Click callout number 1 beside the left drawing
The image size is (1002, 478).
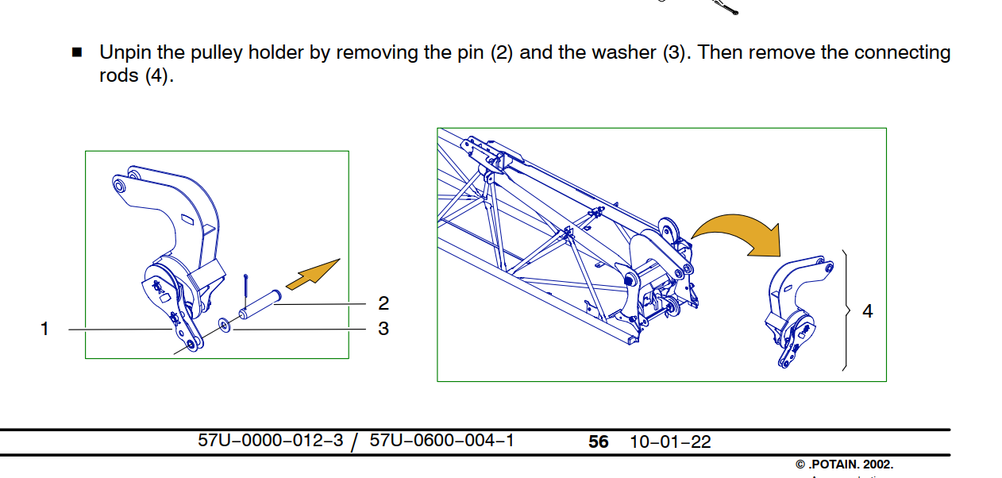(x=45, y=329)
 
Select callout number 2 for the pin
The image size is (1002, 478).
(x=383, y=303)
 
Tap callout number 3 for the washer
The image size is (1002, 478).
(x=383, y=329)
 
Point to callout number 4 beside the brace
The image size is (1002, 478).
(x=868, y=312)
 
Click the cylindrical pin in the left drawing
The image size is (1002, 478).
(x=261, y=305)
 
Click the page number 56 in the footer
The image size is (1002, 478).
(x=599, y=442)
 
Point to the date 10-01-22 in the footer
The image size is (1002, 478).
(x=670, y=442)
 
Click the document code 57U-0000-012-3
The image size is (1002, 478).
(x=271, y=441)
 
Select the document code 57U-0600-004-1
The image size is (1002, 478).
(x=442, y=441)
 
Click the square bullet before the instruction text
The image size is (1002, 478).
(x=77, y=53)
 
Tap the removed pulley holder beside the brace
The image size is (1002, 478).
(x=794, y=310)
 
